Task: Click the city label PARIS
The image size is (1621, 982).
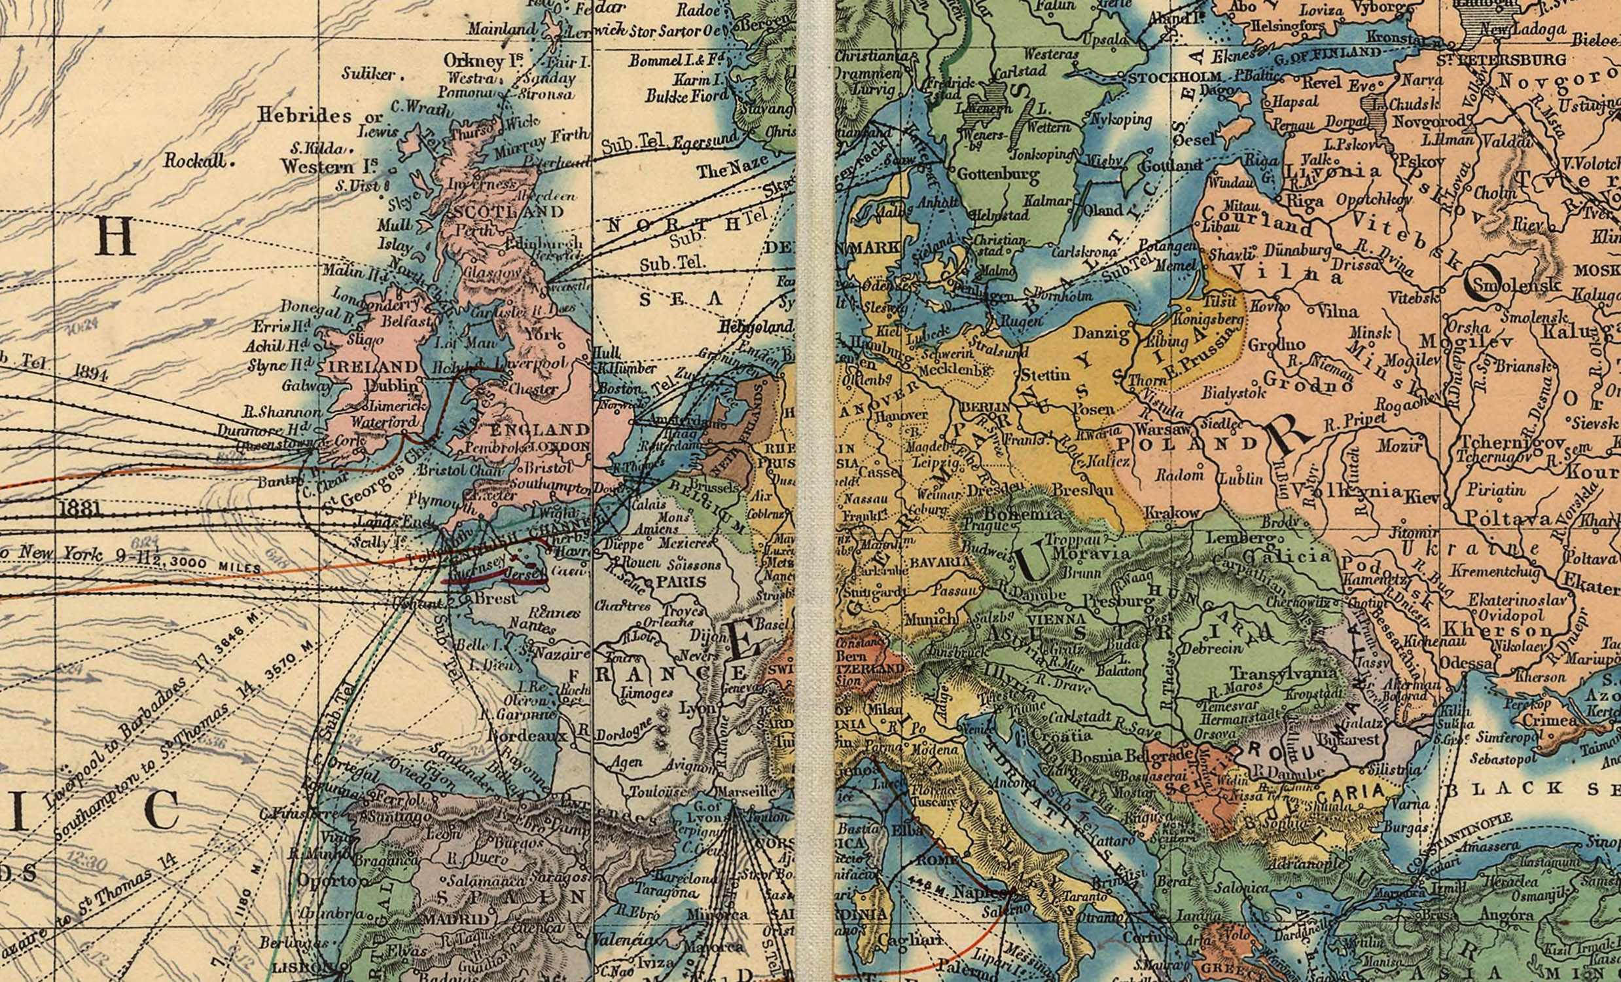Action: click(x=680, y=582)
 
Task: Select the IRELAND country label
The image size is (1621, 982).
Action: click(x=372, y=367)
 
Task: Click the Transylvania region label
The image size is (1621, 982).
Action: click(x=1283, y=672)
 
